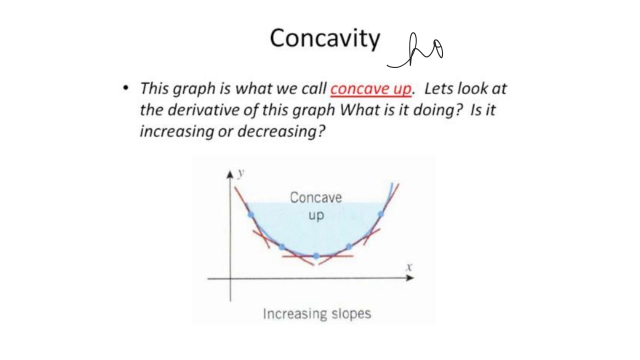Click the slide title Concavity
click(325, 38)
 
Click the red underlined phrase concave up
click(371, 89)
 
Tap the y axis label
click(241, 173)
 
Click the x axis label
click(409, 267)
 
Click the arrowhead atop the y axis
click(230, 174)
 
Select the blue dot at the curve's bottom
click(316, 256)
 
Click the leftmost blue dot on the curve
click(251, 215)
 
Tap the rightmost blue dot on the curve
click(381, 214)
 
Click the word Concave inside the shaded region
click(316, 198)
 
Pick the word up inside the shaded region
click(316, 215)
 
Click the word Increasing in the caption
click(295, 313)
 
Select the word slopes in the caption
click(351, 314)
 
